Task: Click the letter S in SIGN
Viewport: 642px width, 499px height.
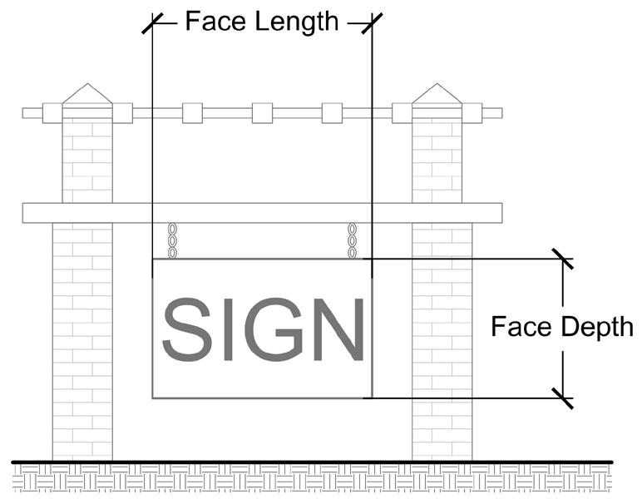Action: pos(185,329)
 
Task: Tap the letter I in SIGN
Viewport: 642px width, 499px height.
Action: pos(220,329)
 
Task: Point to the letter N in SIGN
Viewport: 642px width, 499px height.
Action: pos(336,329)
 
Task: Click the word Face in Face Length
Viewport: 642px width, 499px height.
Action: pos(212,20)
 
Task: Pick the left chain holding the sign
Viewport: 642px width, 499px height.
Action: pos(173,240)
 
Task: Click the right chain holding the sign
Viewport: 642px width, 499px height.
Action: pos(353,240)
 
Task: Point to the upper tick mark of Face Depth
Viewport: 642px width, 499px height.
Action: pos(563,259)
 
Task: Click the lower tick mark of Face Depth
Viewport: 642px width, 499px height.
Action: pos(563,398)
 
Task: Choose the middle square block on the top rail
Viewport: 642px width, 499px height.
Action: pos(262,113)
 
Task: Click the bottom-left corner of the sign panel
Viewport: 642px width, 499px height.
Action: pos(152,398)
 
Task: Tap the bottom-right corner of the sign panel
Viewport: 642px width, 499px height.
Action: pos(372,398)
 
